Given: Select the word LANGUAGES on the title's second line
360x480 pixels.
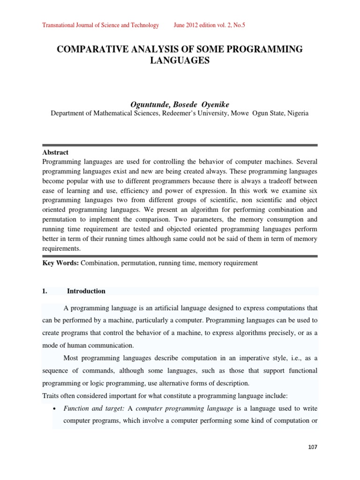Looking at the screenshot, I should pos(180,60).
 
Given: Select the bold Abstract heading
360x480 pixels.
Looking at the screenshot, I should pos(55,152).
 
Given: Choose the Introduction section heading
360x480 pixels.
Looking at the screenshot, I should pos(86,291).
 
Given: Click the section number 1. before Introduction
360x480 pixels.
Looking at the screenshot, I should pos(45,291).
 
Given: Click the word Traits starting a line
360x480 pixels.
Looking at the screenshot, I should pos(51,395).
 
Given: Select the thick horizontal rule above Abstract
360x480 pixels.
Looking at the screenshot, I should pos(180,145).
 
